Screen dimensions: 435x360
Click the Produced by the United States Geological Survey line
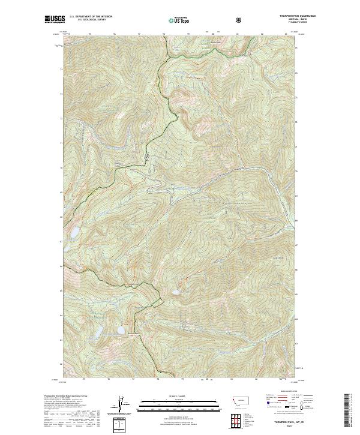click(x=64, y=396)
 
